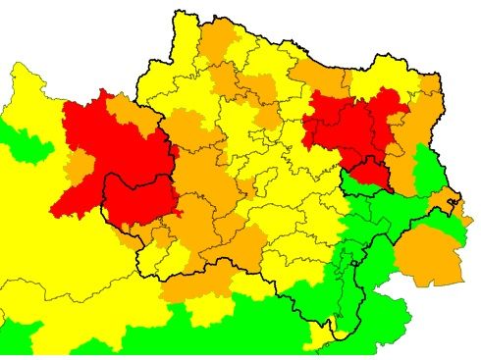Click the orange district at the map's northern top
tap(218, 39)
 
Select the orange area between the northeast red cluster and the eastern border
tap(417, 128)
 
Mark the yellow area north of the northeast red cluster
tap(378, 78)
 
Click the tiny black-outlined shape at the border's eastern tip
tap(453, 204)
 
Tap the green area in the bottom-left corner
tap(20, 334)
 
